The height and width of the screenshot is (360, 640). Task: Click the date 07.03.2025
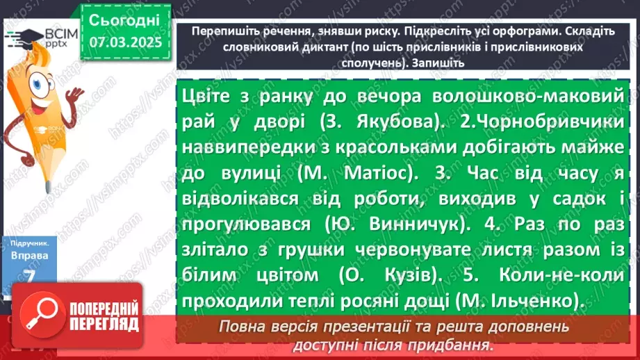click(x=125, y=42)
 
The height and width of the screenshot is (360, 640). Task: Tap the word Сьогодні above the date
click(x=125, y=19)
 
